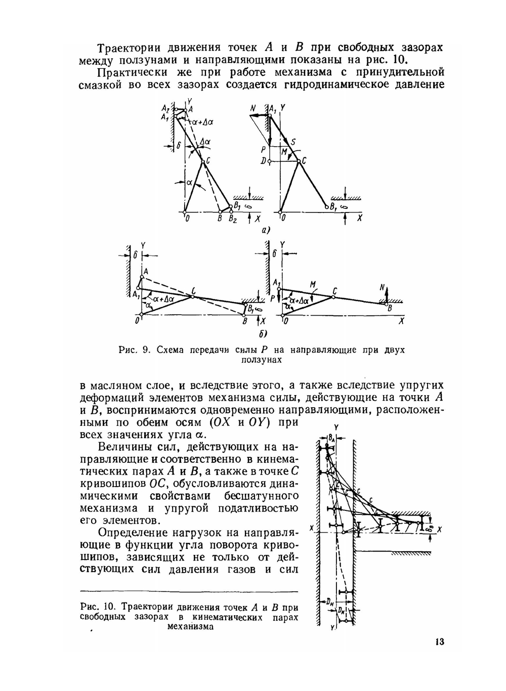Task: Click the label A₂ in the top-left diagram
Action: point(165,109)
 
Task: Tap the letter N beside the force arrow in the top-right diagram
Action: point(253,108)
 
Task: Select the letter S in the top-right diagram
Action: point(293,143)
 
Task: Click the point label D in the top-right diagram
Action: point(263,161)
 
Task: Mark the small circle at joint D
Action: point(270,161)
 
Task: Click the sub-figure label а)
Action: point(265,231)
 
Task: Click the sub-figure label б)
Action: point(263,334)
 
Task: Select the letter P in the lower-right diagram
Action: point(272,298)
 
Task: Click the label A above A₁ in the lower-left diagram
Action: point(145,272)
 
